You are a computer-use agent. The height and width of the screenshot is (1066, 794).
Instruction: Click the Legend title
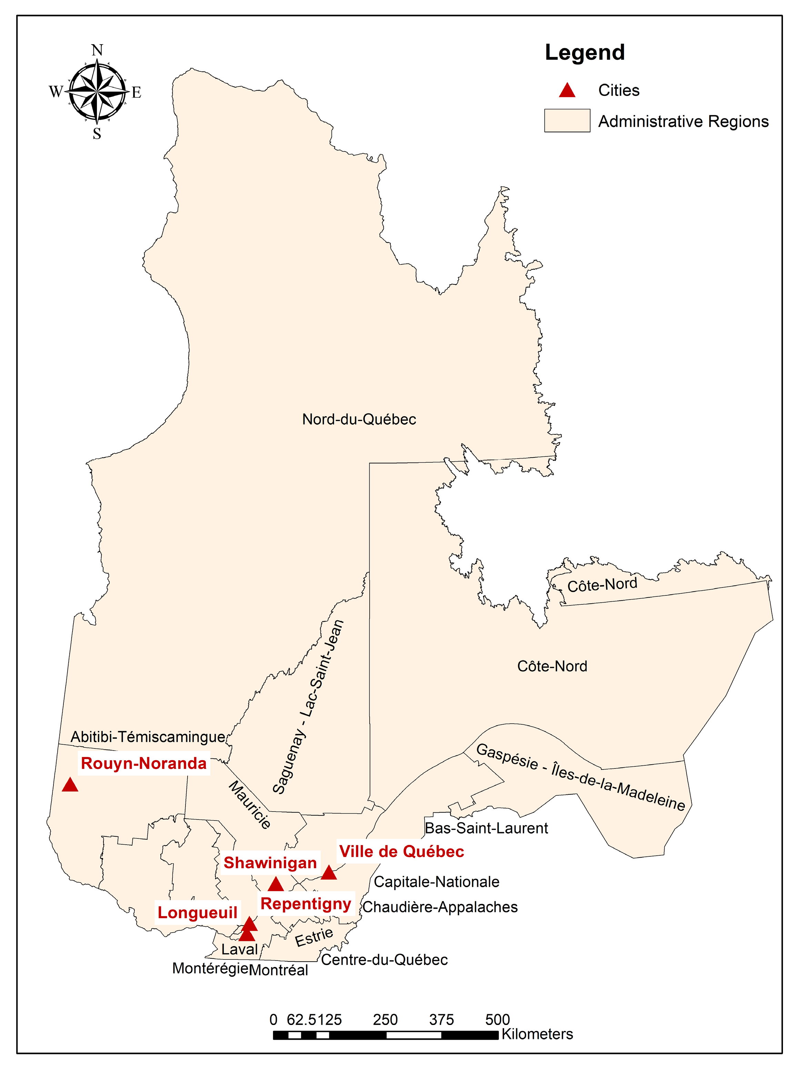[x=584, y=52]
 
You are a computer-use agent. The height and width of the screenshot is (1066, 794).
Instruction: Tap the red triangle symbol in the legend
[x=567, y=90]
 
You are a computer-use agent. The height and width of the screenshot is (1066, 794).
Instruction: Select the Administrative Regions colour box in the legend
[x=567, y=121]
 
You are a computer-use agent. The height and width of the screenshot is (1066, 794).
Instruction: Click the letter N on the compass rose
[x=97, y=50]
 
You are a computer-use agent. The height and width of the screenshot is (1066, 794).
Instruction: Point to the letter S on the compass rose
[x=97, y=134]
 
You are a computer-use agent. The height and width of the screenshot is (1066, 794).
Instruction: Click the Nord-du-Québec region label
[x=359, y=420]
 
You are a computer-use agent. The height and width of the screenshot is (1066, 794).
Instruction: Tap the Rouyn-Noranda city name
[x=144, y=763]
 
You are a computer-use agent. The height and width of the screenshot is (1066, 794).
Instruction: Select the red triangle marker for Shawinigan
[x=275, y=884]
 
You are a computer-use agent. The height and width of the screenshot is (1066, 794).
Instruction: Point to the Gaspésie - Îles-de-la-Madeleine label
[x=580, y=778]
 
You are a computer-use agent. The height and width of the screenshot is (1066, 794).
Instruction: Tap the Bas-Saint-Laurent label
[x=486, y=828]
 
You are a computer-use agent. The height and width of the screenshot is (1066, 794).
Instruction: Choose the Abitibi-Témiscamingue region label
[x=148, y=737]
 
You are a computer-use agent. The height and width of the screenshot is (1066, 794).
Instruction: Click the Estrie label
[x=314, y=937]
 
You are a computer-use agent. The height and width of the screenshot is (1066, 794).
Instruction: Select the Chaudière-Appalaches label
[x=440, y=907]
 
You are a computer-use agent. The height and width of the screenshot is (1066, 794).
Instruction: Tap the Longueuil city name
[x=198, y=913]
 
